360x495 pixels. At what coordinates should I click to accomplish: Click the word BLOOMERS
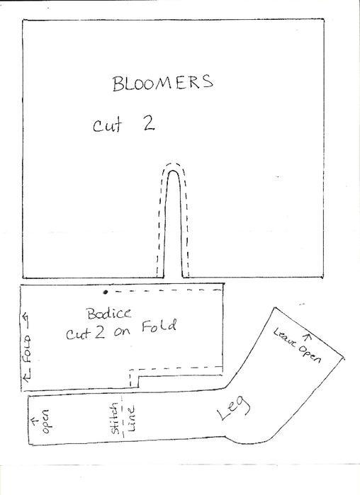coord(163,83)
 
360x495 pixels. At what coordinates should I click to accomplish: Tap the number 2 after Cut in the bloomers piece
coord(148,123)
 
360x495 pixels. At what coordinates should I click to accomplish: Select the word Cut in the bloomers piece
coord(107,125)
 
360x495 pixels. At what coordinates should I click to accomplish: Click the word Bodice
coord(109,314)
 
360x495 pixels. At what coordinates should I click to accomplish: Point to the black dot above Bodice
coord(106,292)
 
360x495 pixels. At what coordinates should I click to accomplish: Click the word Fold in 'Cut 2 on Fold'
coord(159,326)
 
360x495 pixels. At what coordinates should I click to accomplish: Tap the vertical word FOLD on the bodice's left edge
coord(28,349)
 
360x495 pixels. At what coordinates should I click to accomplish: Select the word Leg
coord(234,408)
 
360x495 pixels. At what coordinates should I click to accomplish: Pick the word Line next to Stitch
coord(130,419)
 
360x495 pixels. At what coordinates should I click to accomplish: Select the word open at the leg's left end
coord(46,421)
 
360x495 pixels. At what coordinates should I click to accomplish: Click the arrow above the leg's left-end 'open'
coord(35,419)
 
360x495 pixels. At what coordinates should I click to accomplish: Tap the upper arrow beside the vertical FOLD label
coord(26,320)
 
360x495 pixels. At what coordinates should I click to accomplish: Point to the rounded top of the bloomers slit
coord(173,171)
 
